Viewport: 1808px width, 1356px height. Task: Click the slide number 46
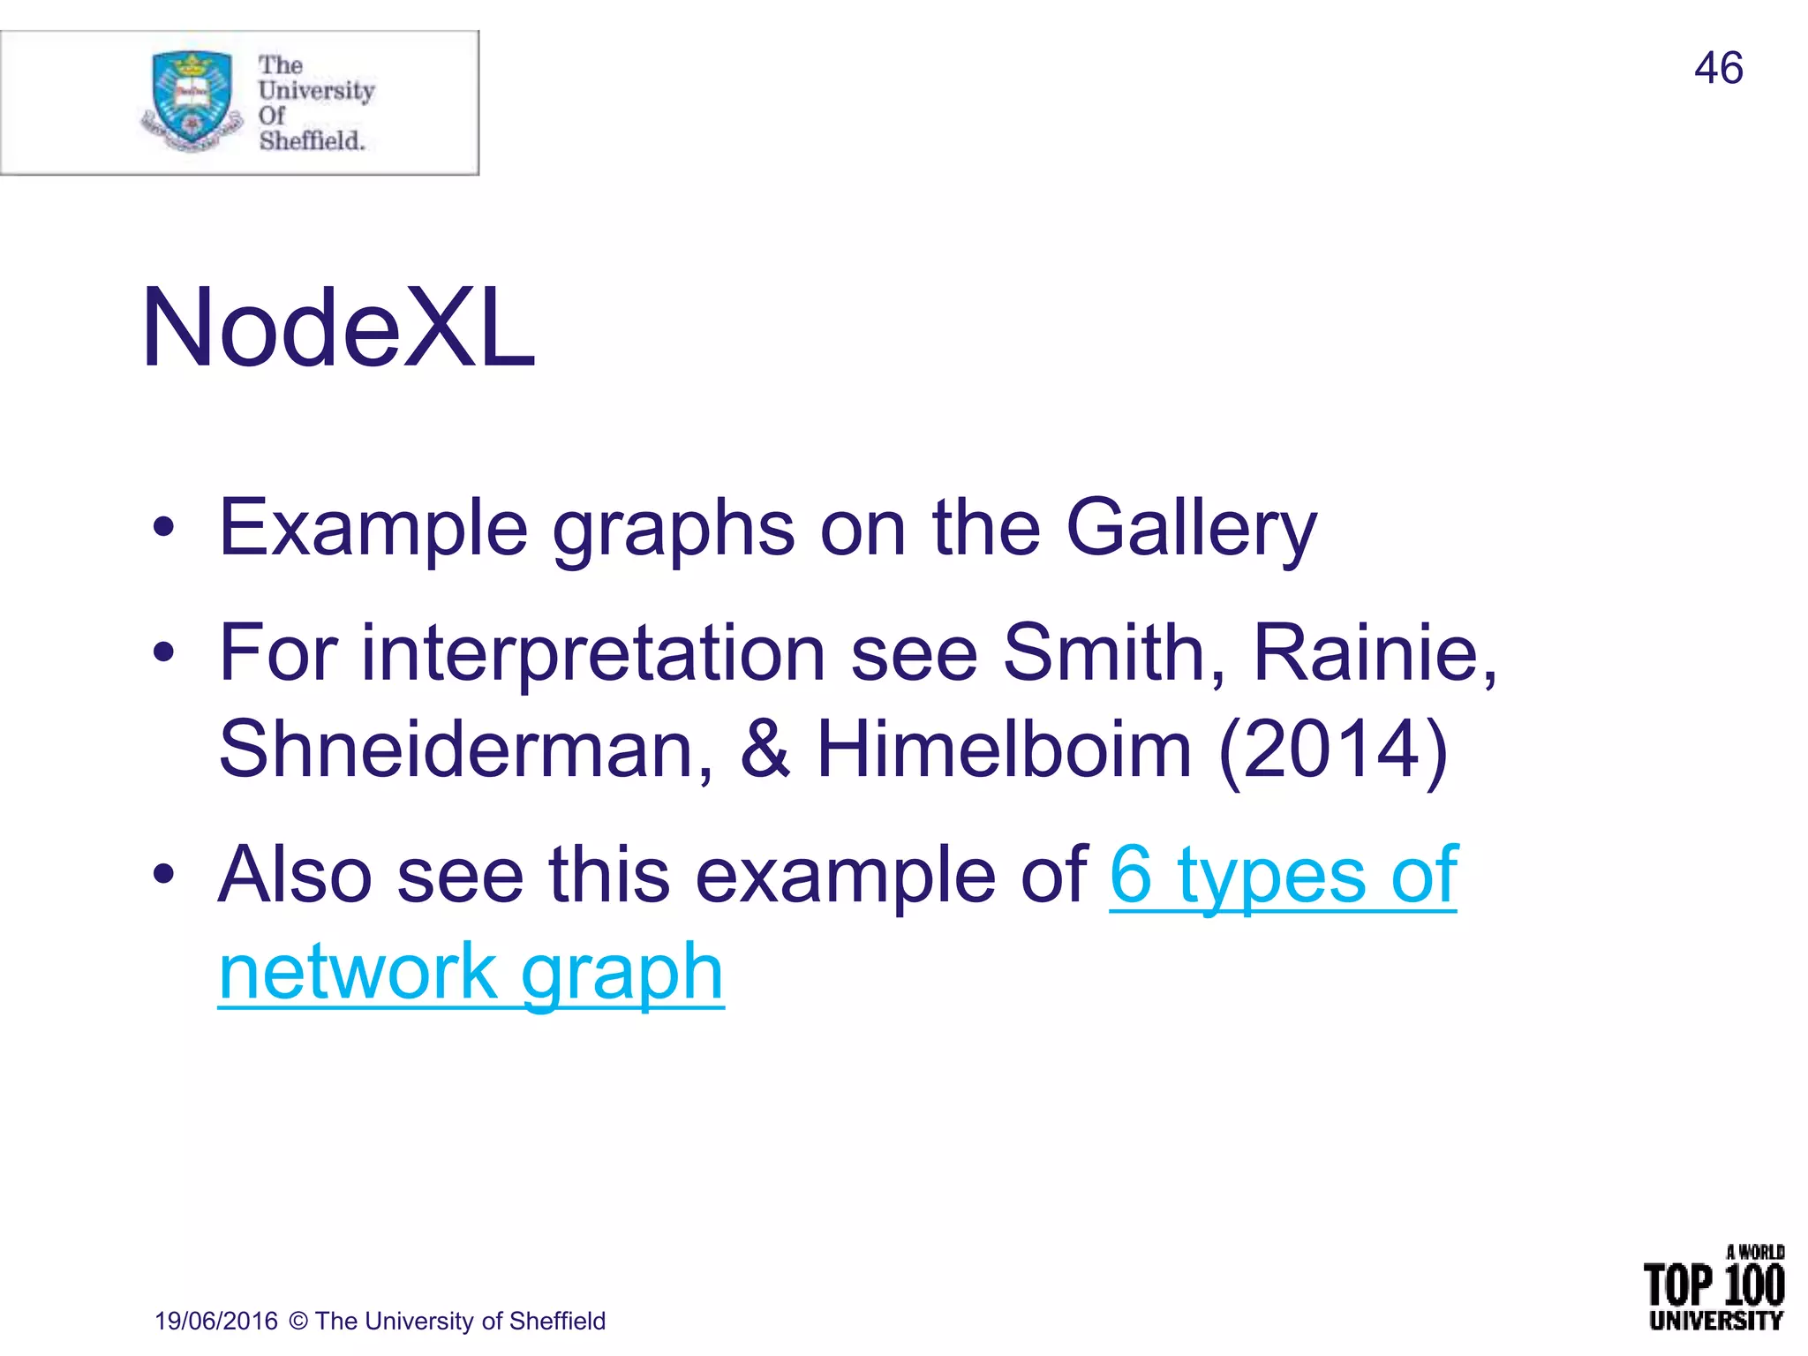tap(1718, 69)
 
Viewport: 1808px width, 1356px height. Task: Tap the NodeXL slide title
tap(338, 328)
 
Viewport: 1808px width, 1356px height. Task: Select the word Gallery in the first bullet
tap(1191, 530)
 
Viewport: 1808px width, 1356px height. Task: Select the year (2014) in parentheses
tap(1333, 750)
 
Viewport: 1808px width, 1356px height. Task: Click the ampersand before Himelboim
tap(765, 750)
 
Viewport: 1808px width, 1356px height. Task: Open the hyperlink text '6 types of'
tap(1283, 876)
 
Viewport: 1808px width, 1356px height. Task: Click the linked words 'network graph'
tap(471, 973)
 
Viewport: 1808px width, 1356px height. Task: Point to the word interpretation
tap(593, 655)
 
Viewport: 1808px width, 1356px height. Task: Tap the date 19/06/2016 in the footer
tap(216, 1321)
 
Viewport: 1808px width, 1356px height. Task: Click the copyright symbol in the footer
tap(298, 1321)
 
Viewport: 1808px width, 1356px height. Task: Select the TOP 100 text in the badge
tap(1713, 1285)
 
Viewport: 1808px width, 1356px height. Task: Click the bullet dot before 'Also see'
tap(163, 875)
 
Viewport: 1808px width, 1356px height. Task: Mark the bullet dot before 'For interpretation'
tap(163, 653)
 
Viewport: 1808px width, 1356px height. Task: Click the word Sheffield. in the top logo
tap(312, 141)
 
